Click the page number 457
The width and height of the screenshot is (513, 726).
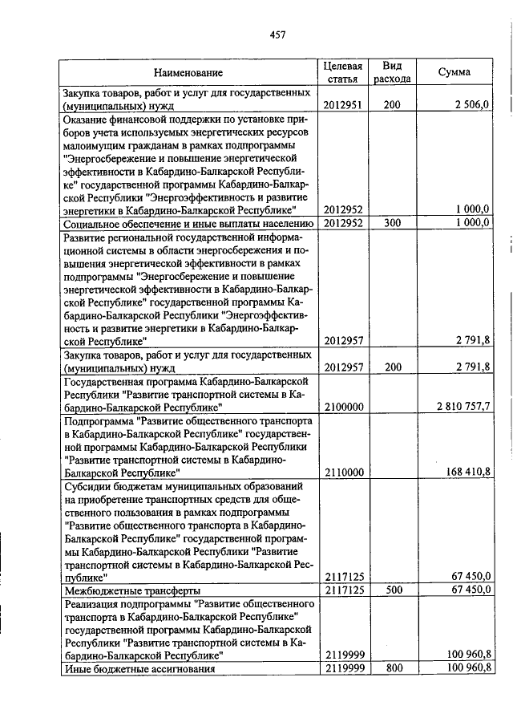[x=278, y=34]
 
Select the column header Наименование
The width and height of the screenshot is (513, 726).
[x=188, y=73]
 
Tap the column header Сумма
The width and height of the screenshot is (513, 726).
[x=454, y=72]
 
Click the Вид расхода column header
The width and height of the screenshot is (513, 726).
[x=392, y=72]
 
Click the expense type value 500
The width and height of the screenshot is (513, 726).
[x=392, y=590]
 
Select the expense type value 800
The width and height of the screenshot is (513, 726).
[x=392, y=667]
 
